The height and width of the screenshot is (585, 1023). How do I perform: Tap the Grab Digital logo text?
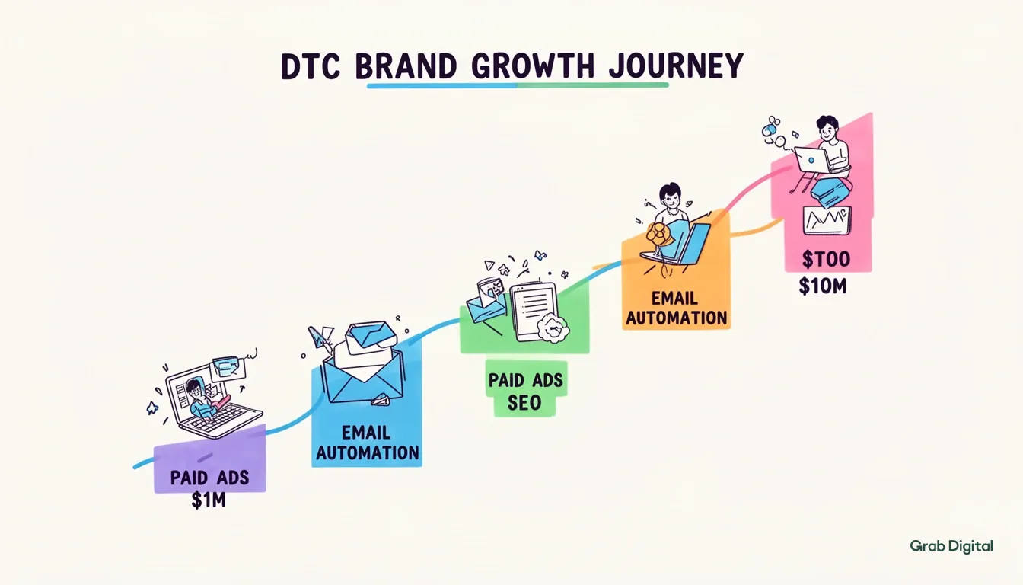[x=951, y=545]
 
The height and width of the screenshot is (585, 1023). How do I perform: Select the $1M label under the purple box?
[x=209, y=502]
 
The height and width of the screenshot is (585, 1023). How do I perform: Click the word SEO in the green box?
[x=524, y=402]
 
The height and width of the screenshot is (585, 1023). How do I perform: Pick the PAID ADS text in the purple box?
[x=209, y=478]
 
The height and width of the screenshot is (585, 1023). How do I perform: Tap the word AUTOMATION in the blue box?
[x=367, y=452]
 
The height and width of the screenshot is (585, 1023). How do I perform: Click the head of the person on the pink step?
[x=826, y=127]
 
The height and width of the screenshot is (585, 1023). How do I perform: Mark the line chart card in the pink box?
[x=827, y=219]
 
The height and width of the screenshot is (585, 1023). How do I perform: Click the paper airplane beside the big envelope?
[x=320, y=337]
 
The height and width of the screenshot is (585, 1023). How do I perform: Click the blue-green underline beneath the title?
[x=518, y=85]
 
